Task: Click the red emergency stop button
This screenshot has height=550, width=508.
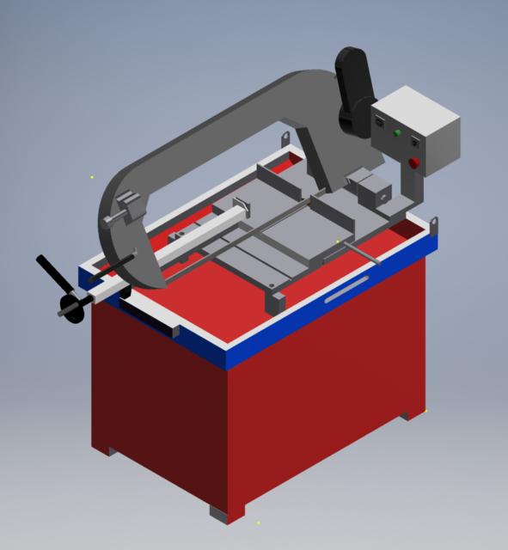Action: tap(413, 163)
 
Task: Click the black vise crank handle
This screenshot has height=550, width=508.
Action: tap(52, 274)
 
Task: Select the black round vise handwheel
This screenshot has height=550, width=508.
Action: tap(71, 309)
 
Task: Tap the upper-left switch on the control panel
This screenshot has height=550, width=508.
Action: tap(381, 123)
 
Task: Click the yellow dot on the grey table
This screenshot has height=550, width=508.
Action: tap(338, 241)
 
